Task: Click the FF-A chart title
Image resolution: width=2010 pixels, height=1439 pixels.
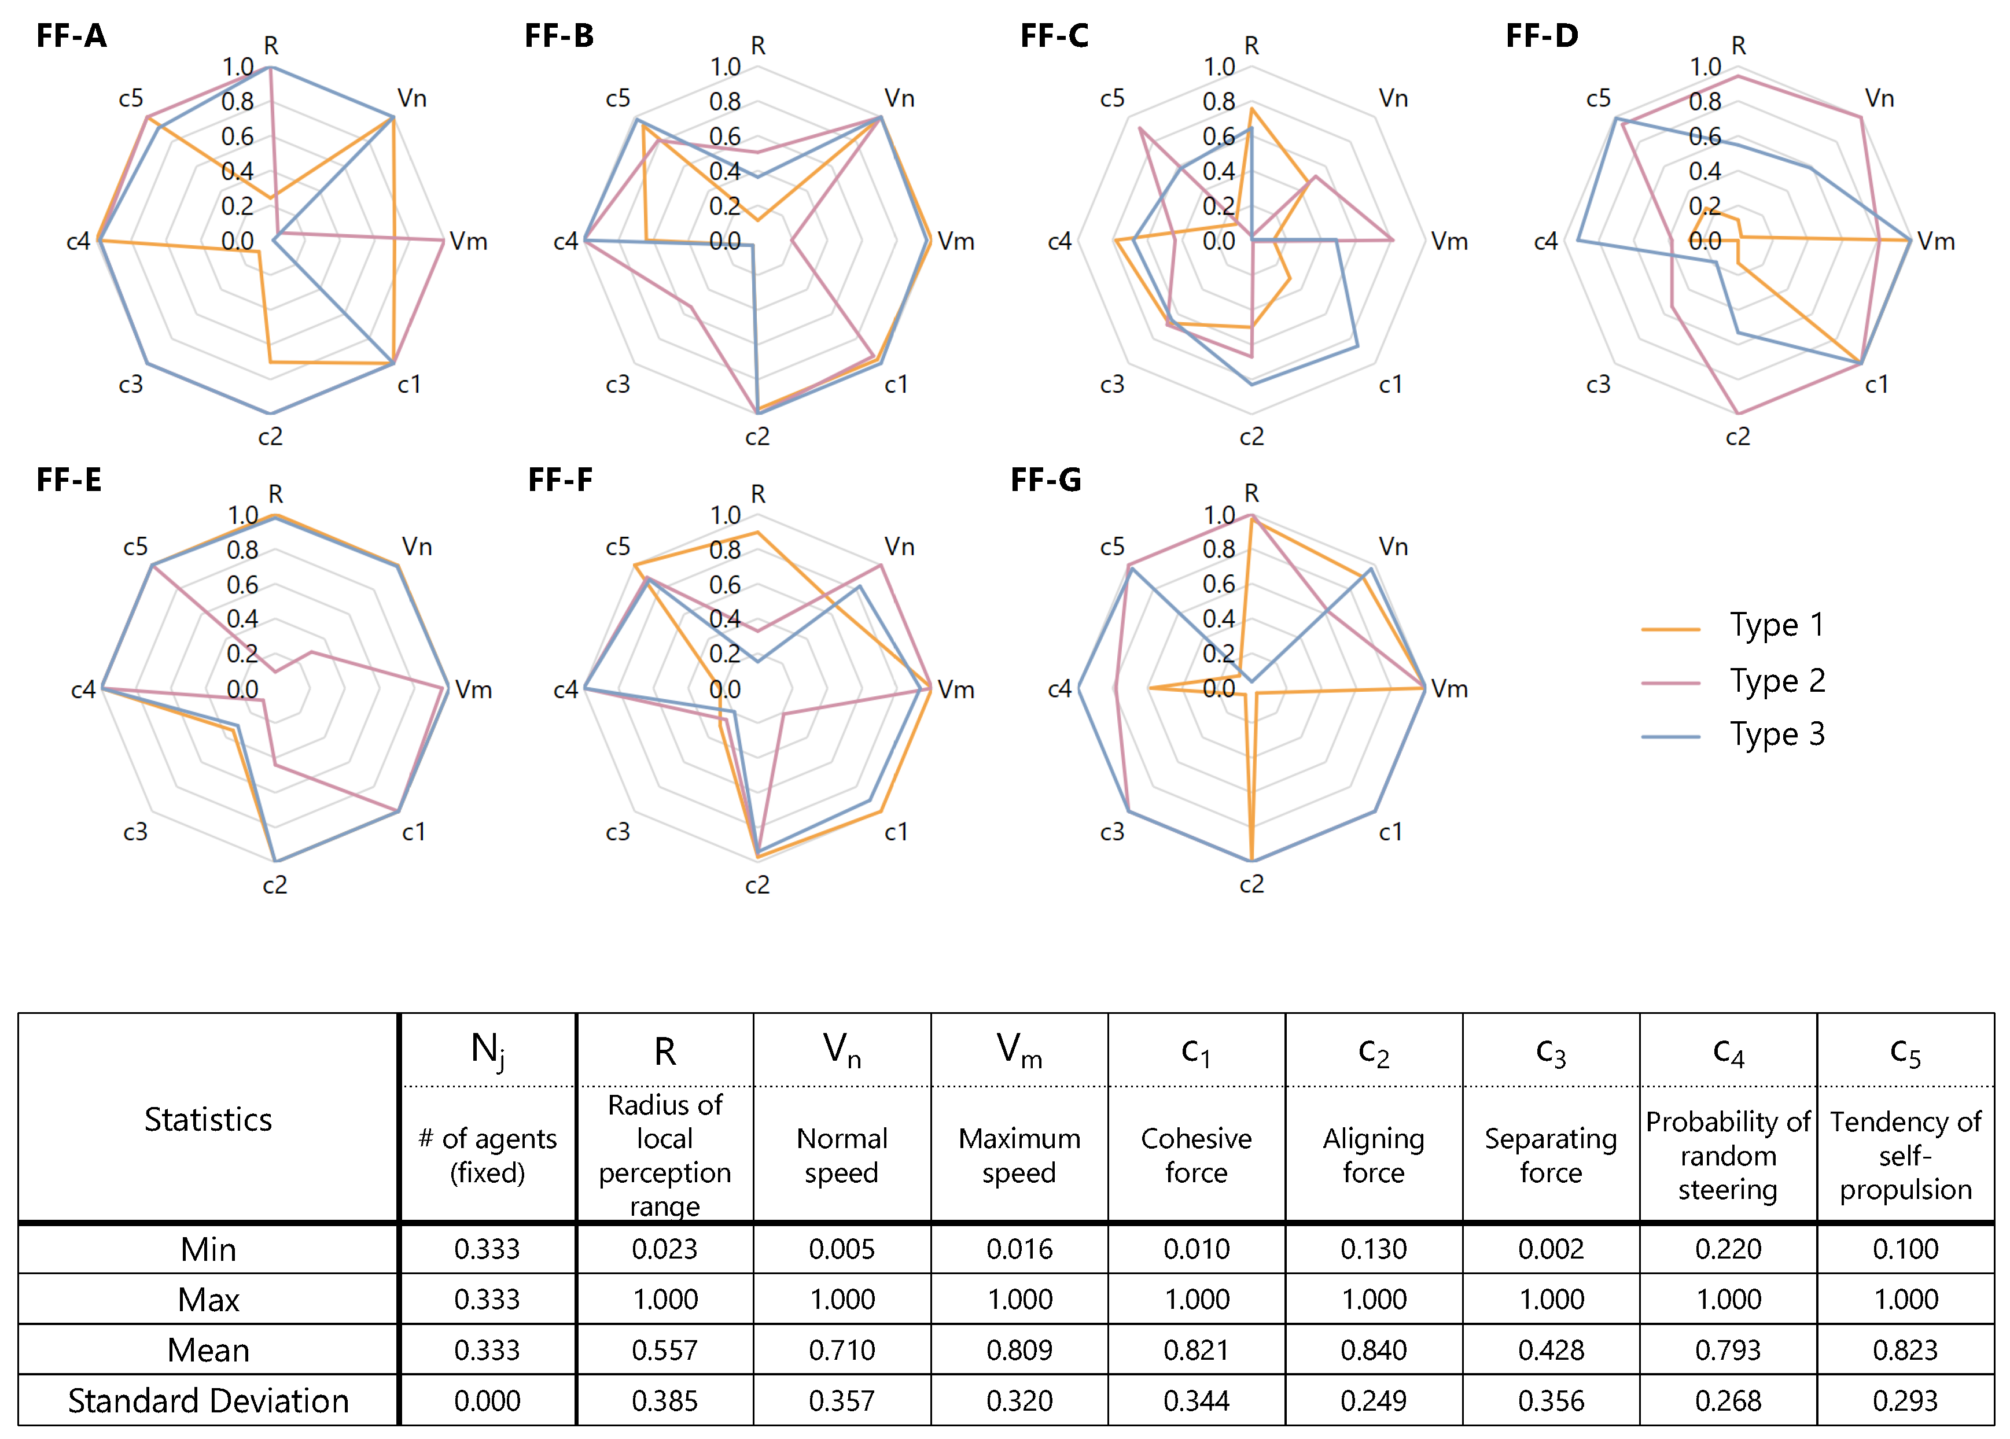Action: coord(72,36)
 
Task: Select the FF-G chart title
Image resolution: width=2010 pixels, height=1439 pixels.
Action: coord(1046,480)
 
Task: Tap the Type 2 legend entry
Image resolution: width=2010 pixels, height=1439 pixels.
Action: coord(1777,681)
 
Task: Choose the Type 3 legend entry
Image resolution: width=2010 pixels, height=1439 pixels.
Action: coord(1777,735)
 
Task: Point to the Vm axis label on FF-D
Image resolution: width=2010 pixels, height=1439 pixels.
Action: coord(1935,241)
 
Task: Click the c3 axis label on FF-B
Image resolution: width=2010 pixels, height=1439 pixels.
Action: coord(618,385)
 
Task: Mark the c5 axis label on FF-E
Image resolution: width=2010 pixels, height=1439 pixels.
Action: coord(135,547)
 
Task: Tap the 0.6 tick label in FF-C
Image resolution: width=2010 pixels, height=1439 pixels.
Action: coord(1218,136)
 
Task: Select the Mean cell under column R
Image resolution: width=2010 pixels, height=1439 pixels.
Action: coord(665,1349)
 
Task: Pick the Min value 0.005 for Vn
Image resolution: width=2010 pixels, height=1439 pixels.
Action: coord(842,1249)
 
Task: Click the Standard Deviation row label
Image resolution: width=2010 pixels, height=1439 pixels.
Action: coord(208,1401)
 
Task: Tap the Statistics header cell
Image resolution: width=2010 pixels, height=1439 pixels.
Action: coord(208,1119)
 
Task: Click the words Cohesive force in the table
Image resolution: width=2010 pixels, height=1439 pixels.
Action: coord(1197,1154)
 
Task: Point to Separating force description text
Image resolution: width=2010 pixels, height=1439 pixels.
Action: coord(1551,1154)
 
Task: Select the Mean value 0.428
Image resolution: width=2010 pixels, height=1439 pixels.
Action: coord(1551,1349)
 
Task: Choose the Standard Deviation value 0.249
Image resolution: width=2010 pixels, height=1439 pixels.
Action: coord(1374,1401)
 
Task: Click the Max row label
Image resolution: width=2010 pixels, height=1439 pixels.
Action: coord(208,1300)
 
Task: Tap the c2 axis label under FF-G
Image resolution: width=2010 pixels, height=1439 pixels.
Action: coord(1251,884)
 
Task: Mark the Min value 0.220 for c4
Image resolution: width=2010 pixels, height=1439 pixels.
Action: coord(1728,1249)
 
